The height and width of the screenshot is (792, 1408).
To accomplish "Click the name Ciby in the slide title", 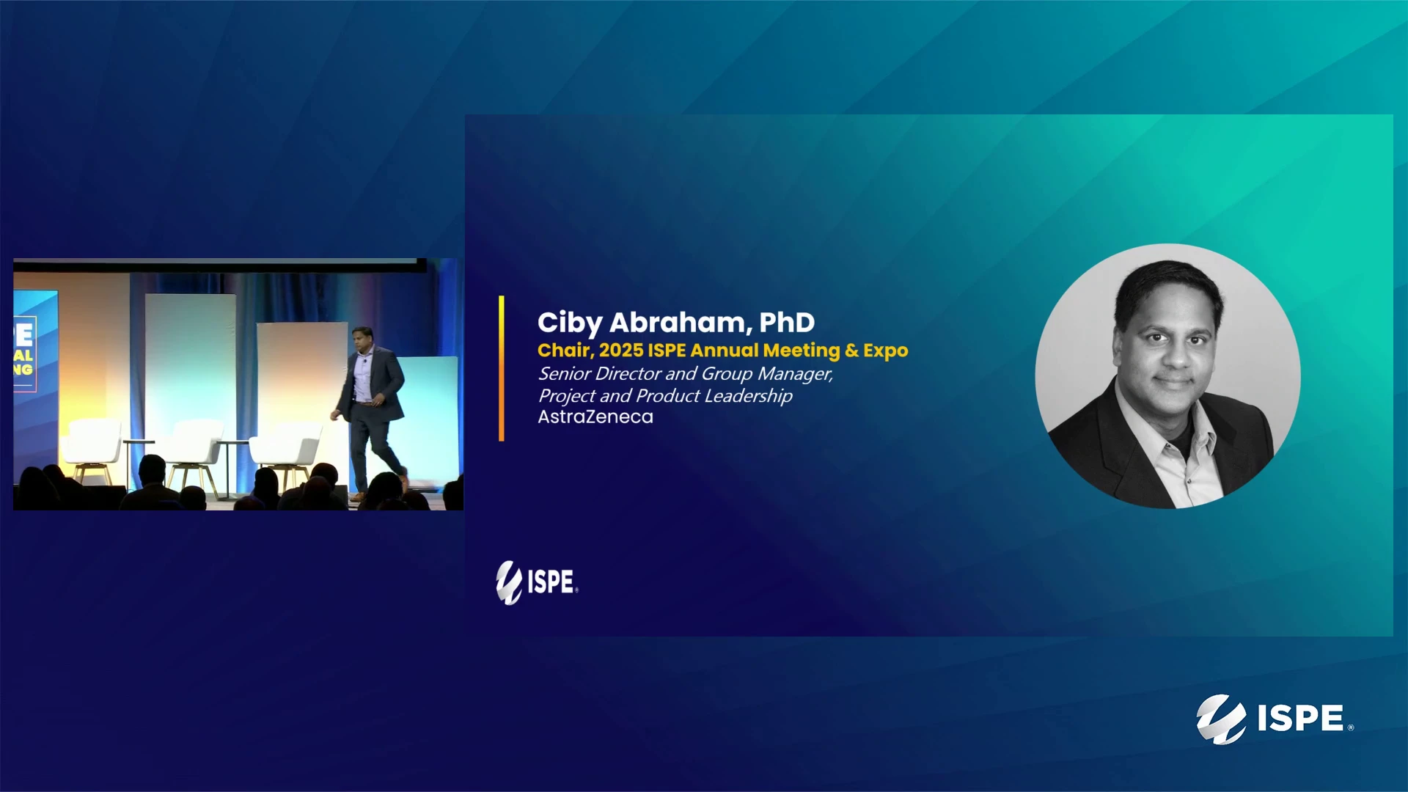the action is [570, 323].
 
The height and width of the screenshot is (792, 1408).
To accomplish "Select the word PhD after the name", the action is [787, 322].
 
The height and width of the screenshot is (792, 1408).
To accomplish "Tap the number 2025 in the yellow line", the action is [620, 351].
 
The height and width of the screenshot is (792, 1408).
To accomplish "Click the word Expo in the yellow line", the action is [885, 351].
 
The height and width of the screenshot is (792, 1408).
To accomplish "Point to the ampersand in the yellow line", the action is [851, 351].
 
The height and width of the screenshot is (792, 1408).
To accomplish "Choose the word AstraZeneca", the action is [595, 417].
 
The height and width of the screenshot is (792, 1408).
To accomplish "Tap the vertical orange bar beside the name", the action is [502, 368].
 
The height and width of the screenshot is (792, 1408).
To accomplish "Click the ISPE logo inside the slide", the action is [537, 582].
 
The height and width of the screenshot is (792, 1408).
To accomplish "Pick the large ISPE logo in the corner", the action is [1275, 719].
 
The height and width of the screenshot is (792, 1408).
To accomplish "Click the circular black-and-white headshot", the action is [1167, 376].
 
